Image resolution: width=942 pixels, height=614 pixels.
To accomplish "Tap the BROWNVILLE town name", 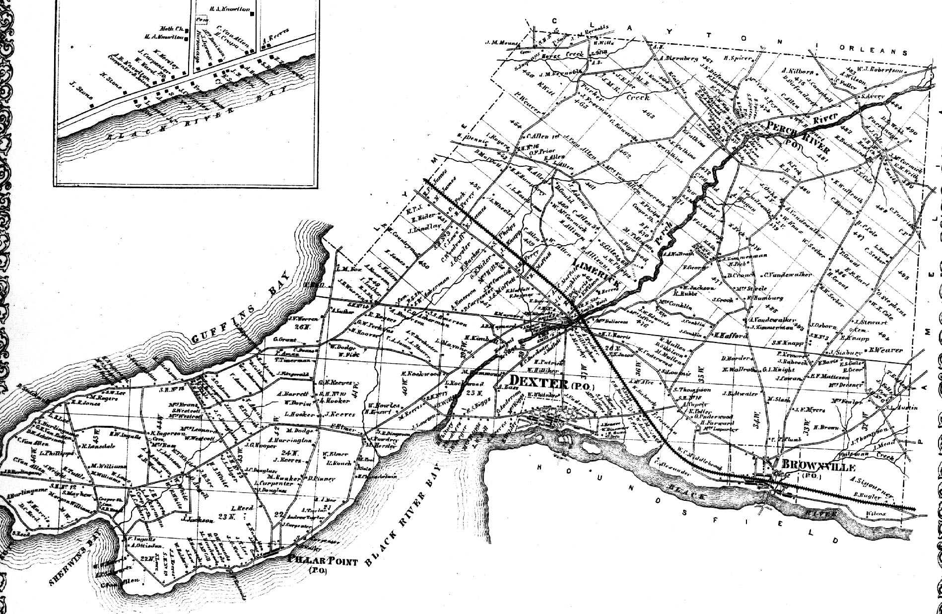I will pos(818,467).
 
